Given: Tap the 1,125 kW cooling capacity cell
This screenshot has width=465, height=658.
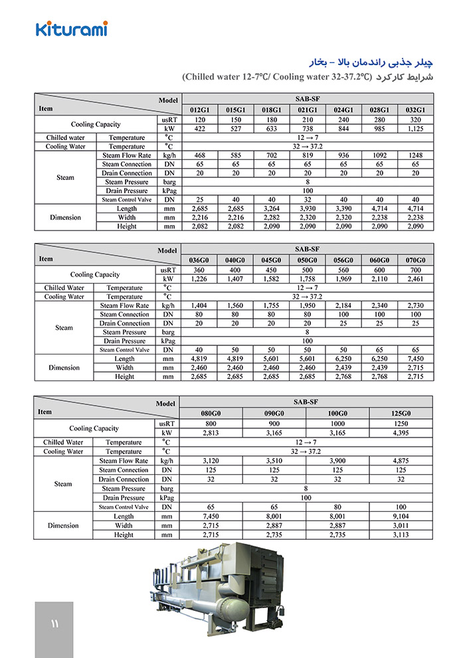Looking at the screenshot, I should click(415, 129).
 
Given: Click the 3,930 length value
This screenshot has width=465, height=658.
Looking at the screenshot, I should click(307, 208).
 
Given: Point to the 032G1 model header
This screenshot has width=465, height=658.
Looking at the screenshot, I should click(415, 110).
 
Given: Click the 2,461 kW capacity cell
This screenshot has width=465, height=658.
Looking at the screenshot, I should click(415, 279).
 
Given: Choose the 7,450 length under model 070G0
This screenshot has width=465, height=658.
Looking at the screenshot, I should click(415, 359).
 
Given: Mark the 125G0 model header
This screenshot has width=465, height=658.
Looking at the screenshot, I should click(401, 413).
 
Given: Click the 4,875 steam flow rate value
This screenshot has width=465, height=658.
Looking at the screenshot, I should click(401, 461).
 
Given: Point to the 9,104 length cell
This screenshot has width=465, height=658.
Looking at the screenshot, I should click(401, 516).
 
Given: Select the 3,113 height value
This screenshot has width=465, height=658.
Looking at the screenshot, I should click(401, 535).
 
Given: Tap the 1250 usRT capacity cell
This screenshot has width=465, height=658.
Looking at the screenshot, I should click(401, 424).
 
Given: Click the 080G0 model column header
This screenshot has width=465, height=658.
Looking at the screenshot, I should click(211, 413).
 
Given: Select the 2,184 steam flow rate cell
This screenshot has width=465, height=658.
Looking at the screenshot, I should click(343, 305).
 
